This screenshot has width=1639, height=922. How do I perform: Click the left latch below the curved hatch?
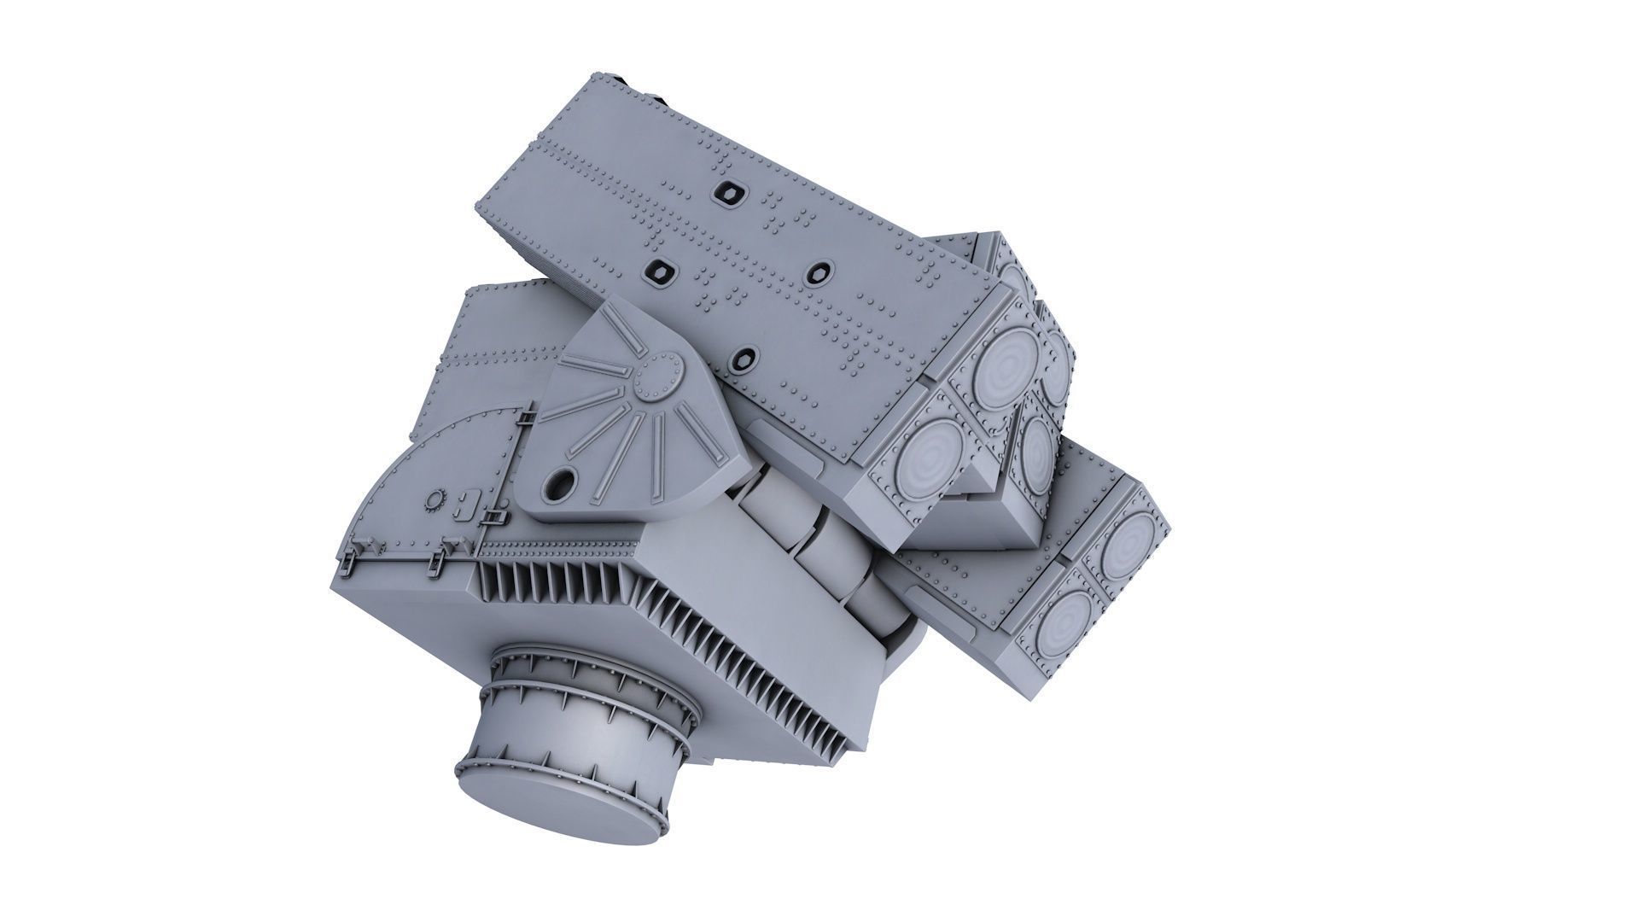click(350, 559)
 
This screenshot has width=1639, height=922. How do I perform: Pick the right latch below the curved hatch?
click(439, 559)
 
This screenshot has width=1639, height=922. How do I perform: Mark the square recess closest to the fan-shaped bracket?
click(745, 357)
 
